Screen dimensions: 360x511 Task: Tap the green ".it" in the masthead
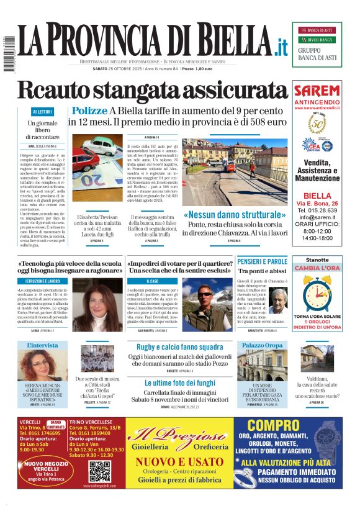click(x=281, y=46)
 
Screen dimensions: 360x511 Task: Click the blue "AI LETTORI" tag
click(x=42, y=112)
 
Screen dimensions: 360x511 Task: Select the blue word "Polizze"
click(x=89, y=111)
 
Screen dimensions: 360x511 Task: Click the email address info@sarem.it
click(x=317, y=217)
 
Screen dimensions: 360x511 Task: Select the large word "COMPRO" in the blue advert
click(x=286, y=426)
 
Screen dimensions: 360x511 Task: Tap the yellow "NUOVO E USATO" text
click(x=179, y=462)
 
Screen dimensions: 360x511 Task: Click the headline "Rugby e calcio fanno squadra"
click(x=179, y=346)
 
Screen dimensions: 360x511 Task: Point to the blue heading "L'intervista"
click(x=42, y=345)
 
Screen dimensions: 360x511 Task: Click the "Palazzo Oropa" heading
click(x=262, y=345)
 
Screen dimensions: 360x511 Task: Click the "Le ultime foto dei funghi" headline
click(x=179, y=382)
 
